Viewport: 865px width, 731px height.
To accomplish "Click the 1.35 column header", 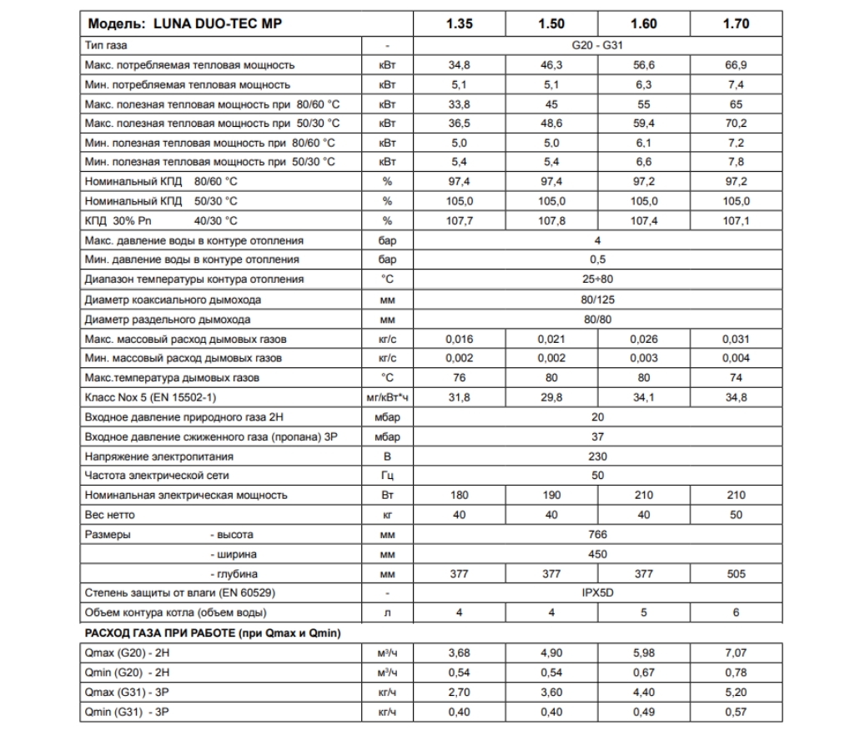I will [460, 23].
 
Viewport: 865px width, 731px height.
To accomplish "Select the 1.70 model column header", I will [736, 23].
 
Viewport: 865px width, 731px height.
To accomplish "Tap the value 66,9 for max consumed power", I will [736, 64].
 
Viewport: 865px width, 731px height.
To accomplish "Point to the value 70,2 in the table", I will [736, 122].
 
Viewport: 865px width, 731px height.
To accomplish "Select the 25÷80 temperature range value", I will [597, 279].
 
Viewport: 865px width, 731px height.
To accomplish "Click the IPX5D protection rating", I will [597, 593].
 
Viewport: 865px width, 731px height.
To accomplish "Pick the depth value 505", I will [736, 573].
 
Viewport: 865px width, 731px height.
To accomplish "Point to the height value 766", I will [597, 534].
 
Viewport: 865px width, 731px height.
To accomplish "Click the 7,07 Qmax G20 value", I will [736, 652].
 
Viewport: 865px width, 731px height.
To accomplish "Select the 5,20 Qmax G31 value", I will [736, 691].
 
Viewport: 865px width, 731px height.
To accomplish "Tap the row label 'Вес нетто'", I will [110, 515].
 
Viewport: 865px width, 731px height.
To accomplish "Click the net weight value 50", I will [736, 515].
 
